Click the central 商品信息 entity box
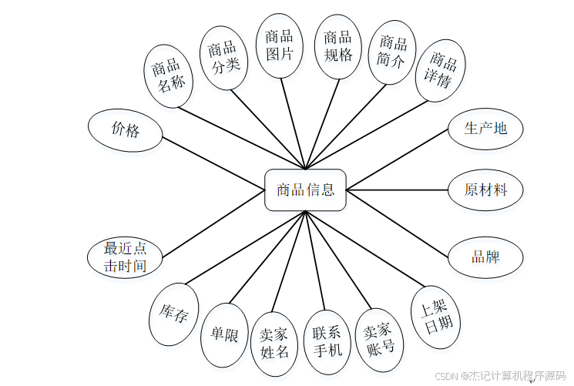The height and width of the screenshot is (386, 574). point(306,190)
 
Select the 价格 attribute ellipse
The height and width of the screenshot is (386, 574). point(126,130)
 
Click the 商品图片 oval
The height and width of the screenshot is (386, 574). point(279,45)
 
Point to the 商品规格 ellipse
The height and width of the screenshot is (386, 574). point(337,45)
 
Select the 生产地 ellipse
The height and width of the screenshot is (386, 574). point(485,128)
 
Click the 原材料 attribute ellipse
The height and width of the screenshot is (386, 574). point(485,190)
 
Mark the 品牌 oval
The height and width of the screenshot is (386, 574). point(485,257)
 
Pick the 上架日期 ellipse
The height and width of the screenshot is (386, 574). point(436,317)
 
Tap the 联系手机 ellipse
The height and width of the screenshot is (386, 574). point(327,342)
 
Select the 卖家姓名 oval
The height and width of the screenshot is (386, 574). point(274,344)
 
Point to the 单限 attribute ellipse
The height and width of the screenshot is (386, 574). point(224,335)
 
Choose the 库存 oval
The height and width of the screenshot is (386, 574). point(173,314)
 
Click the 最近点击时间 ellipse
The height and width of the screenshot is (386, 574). point(126,257)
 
